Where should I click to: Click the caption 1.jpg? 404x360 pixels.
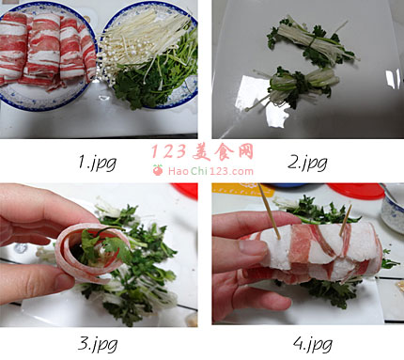coord(97,163)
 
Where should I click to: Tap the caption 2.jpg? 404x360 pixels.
coord(307,163)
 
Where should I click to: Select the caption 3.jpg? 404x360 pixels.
coord(98,344)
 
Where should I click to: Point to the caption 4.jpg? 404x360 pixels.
coord(313,344)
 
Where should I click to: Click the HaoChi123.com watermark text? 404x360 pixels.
coord(210,171)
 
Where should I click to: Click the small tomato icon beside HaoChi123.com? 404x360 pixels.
coord(158,170)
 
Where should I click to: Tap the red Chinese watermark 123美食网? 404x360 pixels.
coord(203,152)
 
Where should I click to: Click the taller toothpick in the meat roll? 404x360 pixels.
coord(269,211)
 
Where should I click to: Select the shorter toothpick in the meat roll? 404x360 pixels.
coord(346,220)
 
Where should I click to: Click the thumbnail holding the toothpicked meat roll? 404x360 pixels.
coord(308,254)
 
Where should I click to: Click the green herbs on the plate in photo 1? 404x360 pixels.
coord(157,78)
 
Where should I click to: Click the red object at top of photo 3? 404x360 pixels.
coord(185,191)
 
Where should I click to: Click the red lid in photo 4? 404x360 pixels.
coord(355,191)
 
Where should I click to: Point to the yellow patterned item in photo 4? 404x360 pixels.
coord(241,189)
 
